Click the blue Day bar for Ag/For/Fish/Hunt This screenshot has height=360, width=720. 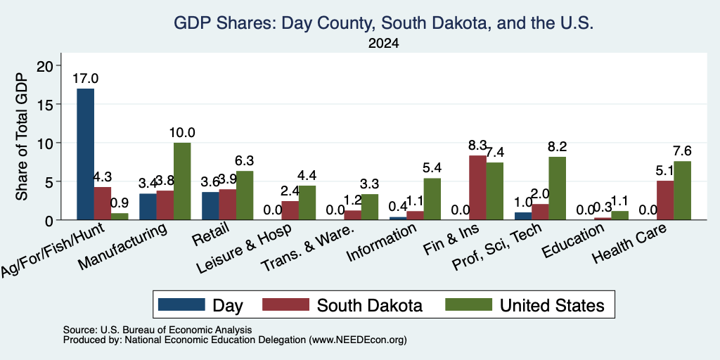pyautogui.click(x=85, y=154)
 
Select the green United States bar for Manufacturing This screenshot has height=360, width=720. pyautogui.click(x=182, y=181)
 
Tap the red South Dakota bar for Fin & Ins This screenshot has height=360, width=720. pyautogui.click(x=477, y=188)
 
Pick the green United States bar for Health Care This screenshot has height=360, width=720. pyautogui.click(x=682, y=191)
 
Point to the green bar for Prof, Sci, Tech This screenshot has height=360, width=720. pyautogui.click(x=557, y=188)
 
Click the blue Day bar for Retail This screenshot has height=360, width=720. pyautogui.click(x=210, y=206)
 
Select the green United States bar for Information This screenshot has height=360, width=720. pyautogui.click(x=432, y=199)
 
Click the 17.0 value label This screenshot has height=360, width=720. pyautogui.click(x=85, y=79)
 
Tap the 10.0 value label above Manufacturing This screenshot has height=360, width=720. pyautogui.click(x=182, y=133)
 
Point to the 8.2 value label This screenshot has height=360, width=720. pyautogui.click(x=557, y=146)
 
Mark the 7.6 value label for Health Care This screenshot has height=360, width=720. pyautogui.click(x=682, y=151)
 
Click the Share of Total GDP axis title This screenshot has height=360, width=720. pyautogui.click(x=22, y=136)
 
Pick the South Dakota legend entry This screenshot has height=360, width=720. pyautogui.click(x=342, y=305)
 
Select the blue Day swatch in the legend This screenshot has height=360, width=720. pyautogui.click(x=181, y=304)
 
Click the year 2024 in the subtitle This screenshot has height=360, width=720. pyautogui.click(x=383, y=44)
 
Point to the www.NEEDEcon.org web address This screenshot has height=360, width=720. pyautogui.click(x=358, y=340)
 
